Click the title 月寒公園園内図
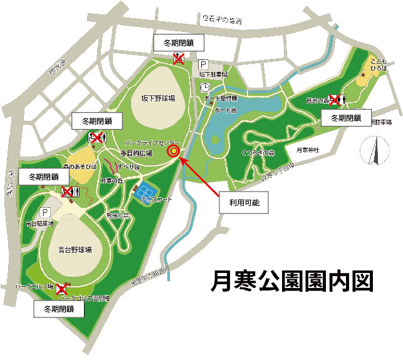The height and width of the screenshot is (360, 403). coord(293,280)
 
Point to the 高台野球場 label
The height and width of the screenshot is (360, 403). coord(76,249)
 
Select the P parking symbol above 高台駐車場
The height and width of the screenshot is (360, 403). coord(45,213)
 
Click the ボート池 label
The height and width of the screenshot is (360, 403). coord(224,110)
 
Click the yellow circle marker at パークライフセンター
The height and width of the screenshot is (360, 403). coord(174,150)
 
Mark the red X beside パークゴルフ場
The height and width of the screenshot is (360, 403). coord(61,289)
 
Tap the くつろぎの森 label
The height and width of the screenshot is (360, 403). coord(258,152)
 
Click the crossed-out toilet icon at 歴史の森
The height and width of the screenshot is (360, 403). coord(335,100)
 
